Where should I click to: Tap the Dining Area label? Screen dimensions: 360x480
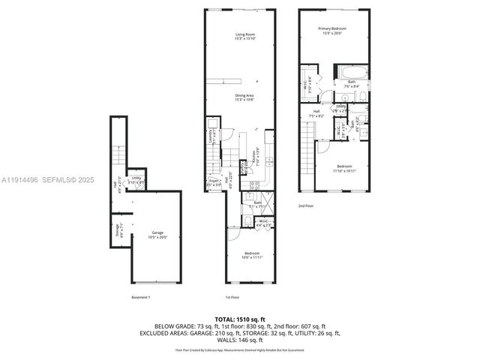244,97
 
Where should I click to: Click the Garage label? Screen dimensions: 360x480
157,234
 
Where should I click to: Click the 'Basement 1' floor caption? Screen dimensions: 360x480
141,298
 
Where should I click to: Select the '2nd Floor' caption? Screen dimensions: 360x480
307,205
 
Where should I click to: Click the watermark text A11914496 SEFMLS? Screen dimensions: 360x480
45,180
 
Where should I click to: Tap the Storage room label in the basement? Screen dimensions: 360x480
115,230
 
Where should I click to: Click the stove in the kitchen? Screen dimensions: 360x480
254,184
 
